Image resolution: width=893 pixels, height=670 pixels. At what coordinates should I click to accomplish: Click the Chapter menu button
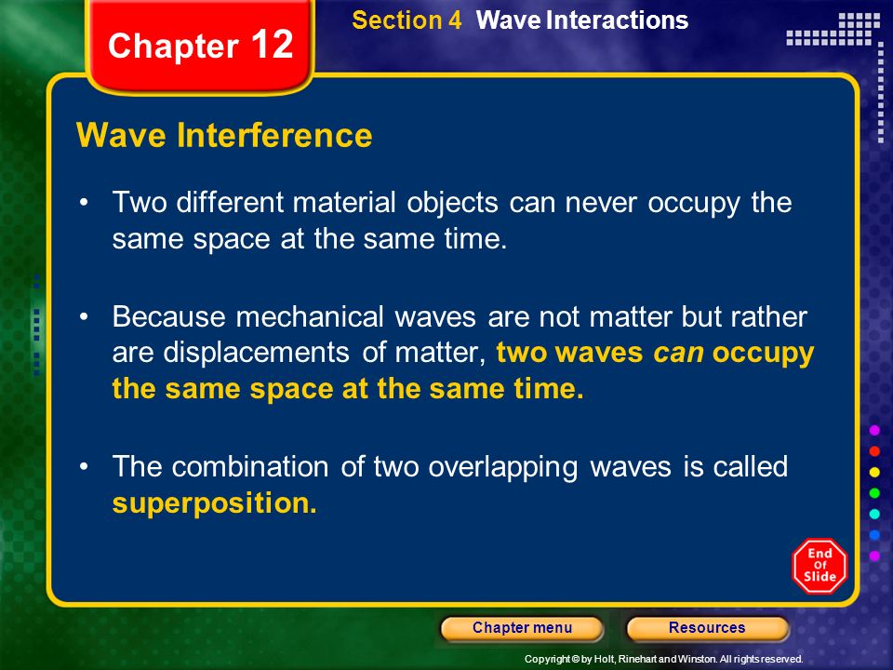(522, 628)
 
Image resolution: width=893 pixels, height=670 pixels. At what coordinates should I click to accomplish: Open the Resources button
(707, 628)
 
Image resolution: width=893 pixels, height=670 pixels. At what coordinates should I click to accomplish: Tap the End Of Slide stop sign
(820, 566)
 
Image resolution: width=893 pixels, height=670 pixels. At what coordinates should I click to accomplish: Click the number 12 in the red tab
(272, 44)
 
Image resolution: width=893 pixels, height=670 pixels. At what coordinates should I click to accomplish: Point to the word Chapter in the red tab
(173, 46)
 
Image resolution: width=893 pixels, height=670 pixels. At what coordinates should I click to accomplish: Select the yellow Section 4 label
(407, 20)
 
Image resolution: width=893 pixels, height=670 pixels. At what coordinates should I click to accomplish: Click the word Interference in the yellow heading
(274, 136)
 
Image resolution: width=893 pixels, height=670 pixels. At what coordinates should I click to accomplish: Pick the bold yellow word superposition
(215, 503)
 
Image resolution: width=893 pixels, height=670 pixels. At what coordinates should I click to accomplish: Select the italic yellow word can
(678, 354)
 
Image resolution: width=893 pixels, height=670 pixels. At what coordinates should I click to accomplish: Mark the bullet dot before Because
(85, 316)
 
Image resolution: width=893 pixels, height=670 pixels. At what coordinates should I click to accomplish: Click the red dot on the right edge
(874, 451)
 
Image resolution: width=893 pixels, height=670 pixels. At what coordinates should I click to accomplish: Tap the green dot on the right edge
(874, 493)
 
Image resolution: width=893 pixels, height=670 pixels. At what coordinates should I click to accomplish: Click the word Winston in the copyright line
(697, 659)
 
